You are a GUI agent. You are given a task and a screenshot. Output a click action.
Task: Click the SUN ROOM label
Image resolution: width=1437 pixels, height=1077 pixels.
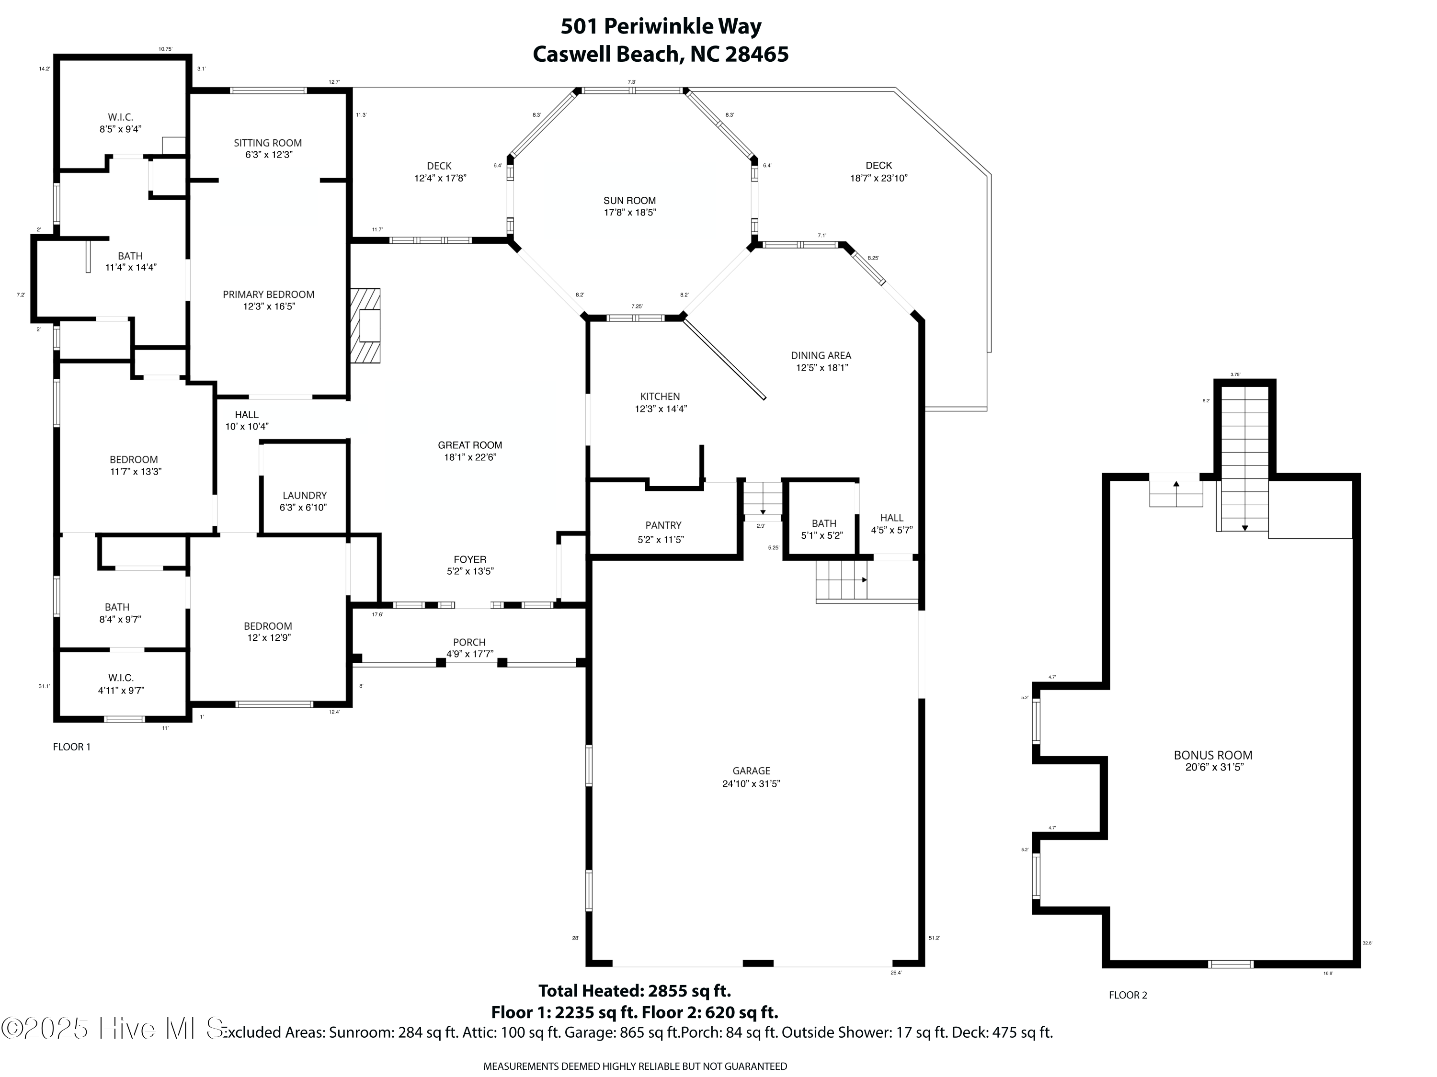click(629, 201)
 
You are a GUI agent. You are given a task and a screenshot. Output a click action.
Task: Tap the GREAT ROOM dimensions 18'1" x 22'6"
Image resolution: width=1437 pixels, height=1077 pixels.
click(470, 457)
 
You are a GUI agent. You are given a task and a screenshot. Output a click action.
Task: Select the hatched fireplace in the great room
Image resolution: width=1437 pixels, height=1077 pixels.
click(366, 326)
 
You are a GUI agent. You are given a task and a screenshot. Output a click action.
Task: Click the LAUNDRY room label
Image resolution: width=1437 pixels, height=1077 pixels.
click(304, 496)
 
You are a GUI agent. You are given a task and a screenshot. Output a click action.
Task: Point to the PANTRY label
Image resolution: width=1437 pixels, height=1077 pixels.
click(663, 525)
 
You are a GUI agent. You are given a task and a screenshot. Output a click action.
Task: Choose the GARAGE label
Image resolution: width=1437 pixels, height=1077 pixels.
click(751, 771)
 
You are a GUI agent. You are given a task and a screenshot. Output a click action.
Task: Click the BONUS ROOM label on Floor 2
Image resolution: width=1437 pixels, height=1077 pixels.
click(1212, 755)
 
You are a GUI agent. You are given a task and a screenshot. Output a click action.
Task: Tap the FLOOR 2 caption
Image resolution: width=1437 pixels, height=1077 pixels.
click(1128, 995)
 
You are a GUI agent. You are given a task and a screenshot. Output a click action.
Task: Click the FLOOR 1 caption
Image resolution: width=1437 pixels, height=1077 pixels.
click(71, 747)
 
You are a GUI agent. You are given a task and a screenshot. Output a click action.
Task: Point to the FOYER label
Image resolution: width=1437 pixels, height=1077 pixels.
click(470, 559)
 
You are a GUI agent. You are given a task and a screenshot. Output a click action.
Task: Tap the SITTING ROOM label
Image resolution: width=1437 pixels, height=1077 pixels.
click(268, 143)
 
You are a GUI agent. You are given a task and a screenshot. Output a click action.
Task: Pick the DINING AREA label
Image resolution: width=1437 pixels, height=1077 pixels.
click(821, 355)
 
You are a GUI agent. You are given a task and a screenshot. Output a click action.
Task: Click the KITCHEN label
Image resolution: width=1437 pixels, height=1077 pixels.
click(660, 396)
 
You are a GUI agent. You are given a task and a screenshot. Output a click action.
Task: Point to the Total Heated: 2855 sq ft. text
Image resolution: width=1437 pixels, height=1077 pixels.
click(634, 991)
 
